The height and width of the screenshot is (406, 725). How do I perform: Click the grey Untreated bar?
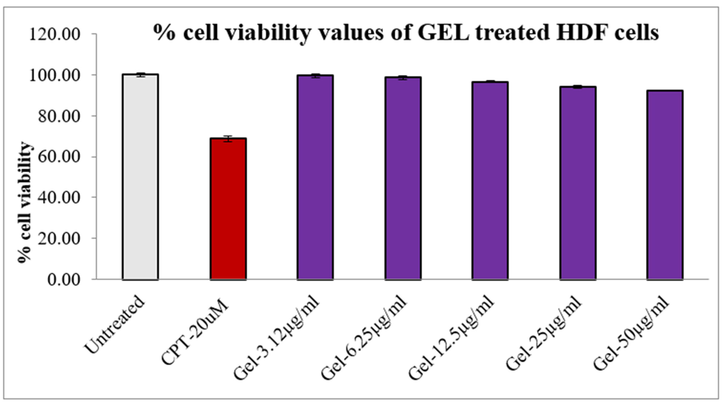pyautogui.click(x=140, y=177)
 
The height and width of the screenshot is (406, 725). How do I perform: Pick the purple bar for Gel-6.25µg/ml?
pyautogui.click(x=403, y=179)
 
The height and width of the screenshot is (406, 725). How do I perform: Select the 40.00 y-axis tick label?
pyautogui.click(x=59, y=198)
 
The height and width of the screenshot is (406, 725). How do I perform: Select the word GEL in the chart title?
pyautogui.click(x=443, y=32)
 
